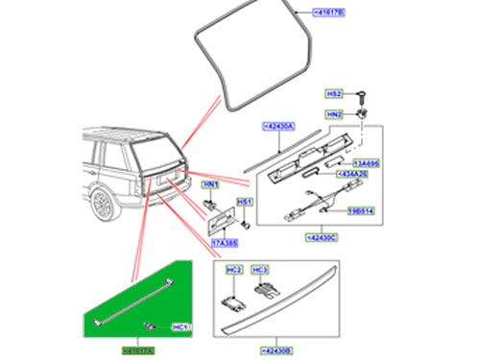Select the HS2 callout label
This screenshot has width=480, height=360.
coord(334,94)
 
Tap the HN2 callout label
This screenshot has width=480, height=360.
coord(334,112)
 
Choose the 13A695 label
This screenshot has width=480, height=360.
coord(370,164)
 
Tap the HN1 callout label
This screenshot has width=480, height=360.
coord(211,184)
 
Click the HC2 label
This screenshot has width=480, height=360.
coord(233,272)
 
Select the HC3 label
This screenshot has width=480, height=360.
coord(259,272)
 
